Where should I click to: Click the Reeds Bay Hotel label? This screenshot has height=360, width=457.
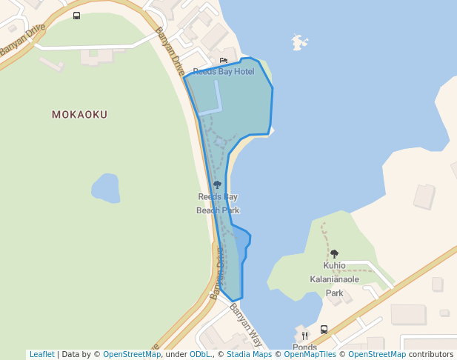coord(223,72)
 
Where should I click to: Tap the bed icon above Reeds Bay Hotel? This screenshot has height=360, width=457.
coord(224,61)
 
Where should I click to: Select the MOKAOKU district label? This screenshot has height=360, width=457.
coord(79,115)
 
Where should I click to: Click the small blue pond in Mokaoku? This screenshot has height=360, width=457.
coord(106,188)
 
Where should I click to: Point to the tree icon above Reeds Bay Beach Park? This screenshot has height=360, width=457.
coord(217,184)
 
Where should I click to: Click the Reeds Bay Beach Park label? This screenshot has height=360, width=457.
coord(217,204)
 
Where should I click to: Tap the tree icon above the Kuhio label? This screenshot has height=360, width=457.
coord(334,254)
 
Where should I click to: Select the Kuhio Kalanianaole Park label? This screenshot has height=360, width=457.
coord(334,279)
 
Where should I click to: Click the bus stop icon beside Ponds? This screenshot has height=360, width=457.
coord(324,330)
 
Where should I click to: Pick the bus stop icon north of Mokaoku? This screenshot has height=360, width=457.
coord(77,16)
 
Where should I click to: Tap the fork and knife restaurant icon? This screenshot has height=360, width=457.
coord(304,336)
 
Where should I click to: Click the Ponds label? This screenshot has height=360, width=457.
coord(304,347)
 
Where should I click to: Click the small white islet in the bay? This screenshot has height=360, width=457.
coord(299,41)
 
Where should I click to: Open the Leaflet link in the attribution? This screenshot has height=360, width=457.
coord(41,355)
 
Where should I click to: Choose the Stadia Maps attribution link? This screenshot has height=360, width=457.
coord(247,355)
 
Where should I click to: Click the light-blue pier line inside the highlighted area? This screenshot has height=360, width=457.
coord(219,96)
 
